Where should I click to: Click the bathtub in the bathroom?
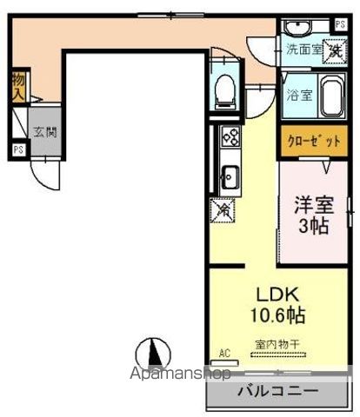coord(332,96)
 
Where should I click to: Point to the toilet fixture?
coord(224,87)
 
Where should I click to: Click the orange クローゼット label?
coord(310,141)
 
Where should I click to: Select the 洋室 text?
coord(313,207)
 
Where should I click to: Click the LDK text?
coord(271,292)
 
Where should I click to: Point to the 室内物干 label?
coord(277,345)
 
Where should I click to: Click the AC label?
coord(224,353)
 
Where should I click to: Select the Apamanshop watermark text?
coord(179,374)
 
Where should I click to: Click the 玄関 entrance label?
coord(44,133)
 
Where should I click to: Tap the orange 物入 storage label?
coord(17,86)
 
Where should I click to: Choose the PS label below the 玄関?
coord(17,149)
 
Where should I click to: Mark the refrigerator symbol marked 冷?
coord(223,208)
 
